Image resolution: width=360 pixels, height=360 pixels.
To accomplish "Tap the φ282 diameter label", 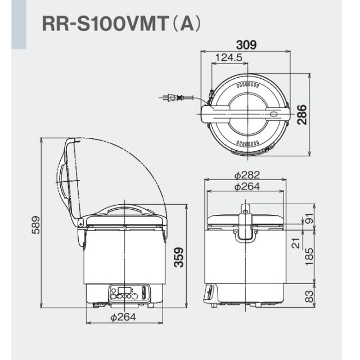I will [x=246, y=175].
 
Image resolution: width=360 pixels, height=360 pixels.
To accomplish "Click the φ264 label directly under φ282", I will [x=246, y=187].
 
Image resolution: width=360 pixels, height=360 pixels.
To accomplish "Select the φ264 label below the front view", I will [x=123, y=317].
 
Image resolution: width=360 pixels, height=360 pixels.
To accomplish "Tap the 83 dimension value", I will [x=309, y=296].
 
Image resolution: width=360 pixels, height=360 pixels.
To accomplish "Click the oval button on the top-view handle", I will [x=273, y=114].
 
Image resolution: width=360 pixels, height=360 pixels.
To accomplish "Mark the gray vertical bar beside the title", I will [x=20, y=25].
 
